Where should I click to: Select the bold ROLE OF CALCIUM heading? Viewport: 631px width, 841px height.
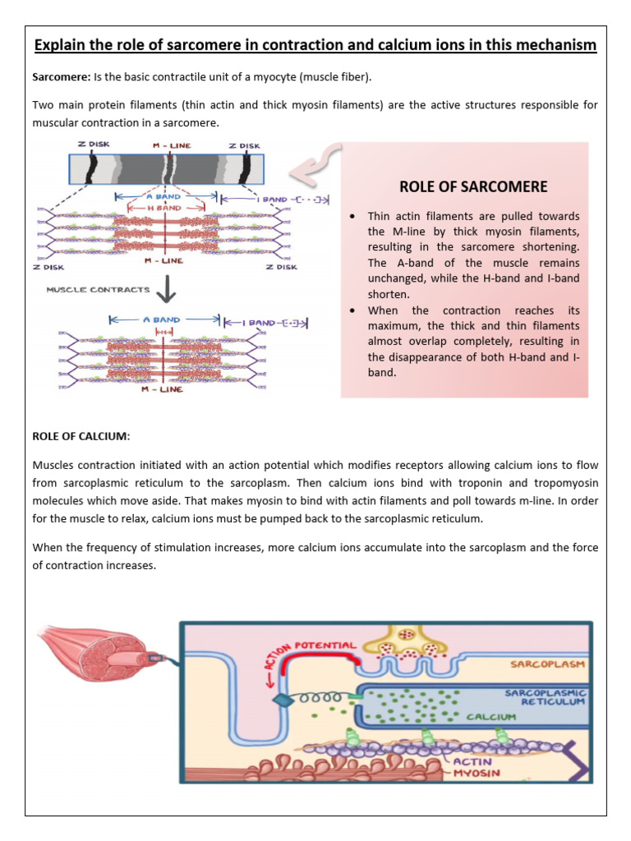coord(81,436)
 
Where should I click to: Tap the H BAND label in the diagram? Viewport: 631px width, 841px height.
coord(165,209)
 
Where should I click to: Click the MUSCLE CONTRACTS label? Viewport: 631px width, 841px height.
coord(98,290)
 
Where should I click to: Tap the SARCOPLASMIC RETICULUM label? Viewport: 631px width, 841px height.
coord(544,697)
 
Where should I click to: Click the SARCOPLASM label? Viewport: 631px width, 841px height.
coord(545,662)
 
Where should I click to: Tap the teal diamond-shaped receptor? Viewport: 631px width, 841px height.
coord(282,700)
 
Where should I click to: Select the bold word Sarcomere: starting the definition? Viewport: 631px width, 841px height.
coord(61,77)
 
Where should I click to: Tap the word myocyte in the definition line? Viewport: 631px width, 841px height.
coord(277,77)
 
